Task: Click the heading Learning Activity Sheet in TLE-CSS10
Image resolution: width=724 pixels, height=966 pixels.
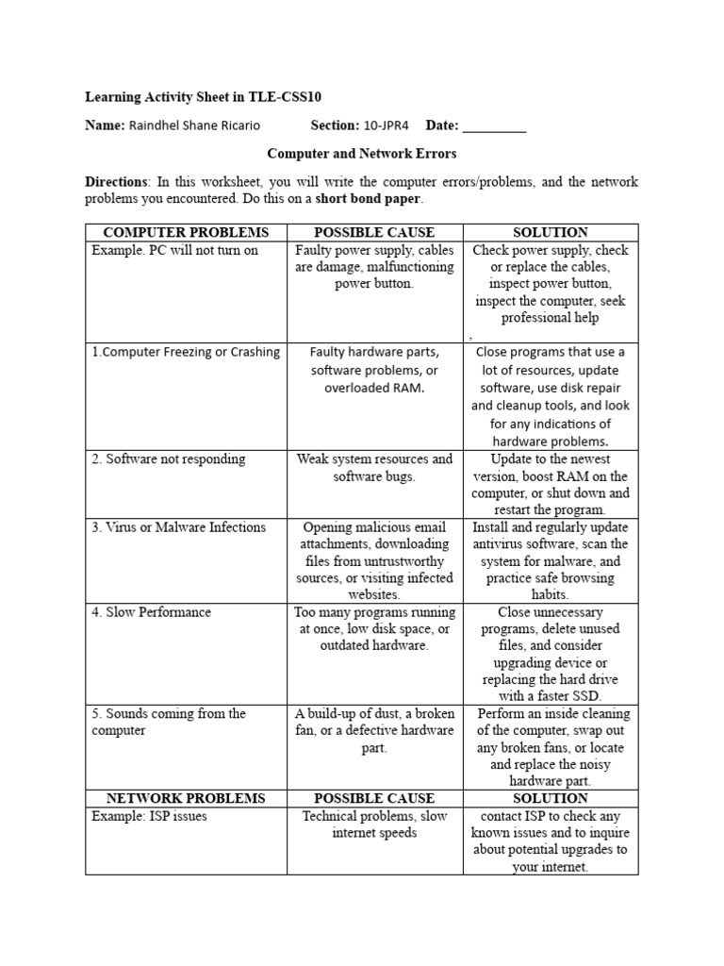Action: click(209, 96)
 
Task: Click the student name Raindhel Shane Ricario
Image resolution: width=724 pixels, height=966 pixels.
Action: click(193, 126)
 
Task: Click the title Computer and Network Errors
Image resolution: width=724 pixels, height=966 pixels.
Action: click(362, 154)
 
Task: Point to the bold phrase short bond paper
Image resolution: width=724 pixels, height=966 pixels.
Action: click(369, 199)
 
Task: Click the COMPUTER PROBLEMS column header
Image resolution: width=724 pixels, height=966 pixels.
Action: click(186, 232)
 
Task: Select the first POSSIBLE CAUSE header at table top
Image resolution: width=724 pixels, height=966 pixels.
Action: click(374, 232)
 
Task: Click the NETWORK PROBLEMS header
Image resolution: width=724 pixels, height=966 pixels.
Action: click(186, 798)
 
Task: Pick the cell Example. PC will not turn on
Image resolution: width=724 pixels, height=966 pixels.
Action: click(174, 250)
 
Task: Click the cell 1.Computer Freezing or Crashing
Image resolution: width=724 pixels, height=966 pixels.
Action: click(186, 352)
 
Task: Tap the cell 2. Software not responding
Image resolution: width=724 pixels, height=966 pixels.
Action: click(168, 459)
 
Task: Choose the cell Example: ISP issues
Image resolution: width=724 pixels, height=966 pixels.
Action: click(148, 816)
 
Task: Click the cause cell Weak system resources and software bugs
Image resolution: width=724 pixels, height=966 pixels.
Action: click(374, 468)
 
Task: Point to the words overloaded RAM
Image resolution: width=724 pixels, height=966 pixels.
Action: click(374, 387)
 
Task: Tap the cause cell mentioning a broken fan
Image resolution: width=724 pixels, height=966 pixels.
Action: click(374, 730)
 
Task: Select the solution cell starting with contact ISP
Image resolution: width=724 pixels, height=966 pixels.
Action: click(551, 841)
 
